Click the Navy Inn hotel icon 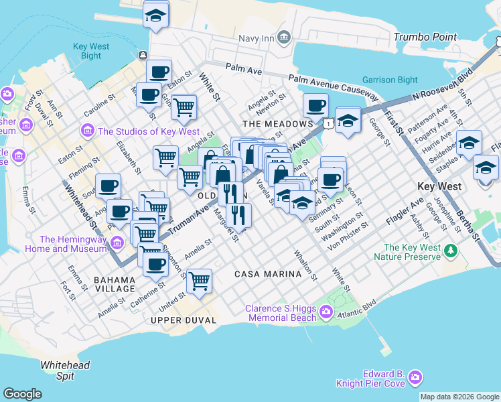coord(283,36)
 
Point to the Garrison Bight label coord(389,80)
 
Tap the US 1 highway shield coord(328,123)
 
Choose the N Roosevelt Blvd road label coord(443,84)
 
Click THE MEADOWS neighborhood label coord(277,124)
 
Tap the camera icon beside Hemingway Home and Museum coord(118,242)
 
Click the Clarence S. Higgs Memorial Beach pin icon coord(326,311)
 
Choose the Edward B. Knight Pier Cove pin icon coord(415,378)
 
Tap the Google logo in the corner coord(22,394)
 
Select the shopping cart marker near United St coord(200,281)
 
